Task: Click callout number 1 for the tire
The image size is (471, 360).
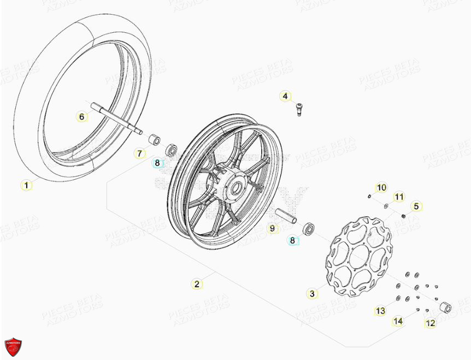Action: click(26, 185)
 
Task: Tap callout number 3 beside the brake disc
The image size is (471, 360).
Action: click(312, 294)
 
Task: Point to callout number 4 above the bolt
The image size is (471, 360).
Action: click(285, 97)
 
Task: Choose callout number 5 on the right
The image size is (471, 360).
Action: click(416, 206)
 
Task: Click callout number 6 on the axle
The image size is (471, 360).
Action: click(81, 116)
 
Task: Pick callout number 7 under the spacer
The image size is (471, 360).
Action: click(139, 154)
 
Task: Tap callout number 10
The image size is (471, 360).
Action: click(381, 188)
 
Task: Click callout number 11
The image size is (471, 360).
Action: click(399, 197)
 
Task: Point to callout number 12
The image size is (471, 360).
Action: click(431, 323)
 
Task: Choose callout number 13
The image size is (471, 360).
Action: click(380, 311)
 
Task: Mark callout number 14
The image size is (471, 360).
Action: click(398, 321)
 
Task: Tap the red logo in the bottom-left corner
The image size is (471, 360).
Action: click(13, 346)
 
